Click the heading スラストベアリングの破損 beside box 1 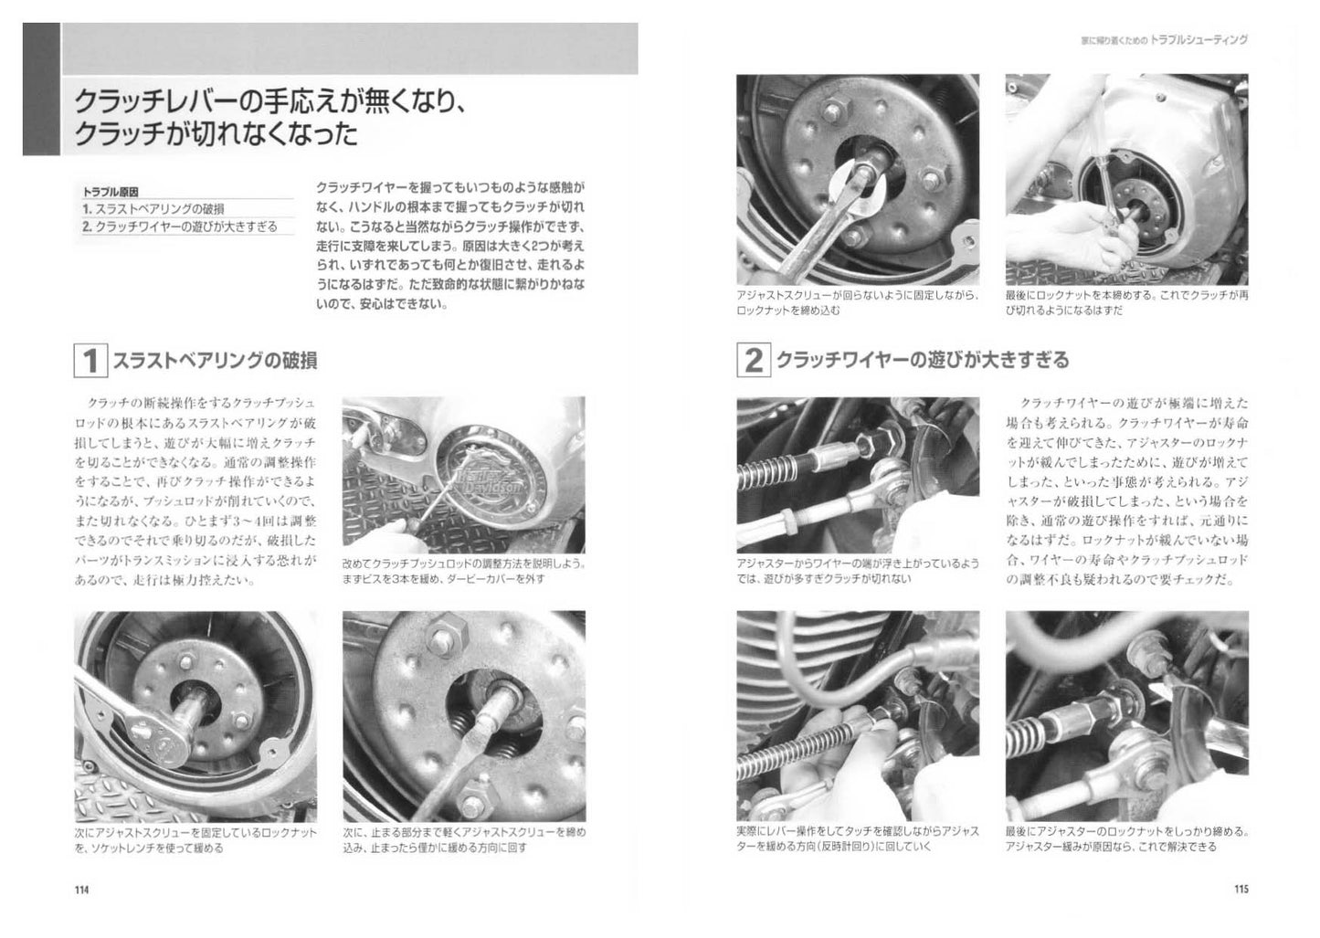coord(215,362)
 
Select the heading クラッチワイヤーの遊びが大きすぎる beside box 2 coord(922,360)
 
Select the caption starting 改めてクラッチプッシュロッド coord(463,571)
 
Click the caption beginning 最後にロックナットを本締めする coord(1126,303)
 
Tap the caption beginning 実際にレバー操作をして coord(857,838)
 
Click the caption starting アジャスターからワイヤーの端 coord(857,571)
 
